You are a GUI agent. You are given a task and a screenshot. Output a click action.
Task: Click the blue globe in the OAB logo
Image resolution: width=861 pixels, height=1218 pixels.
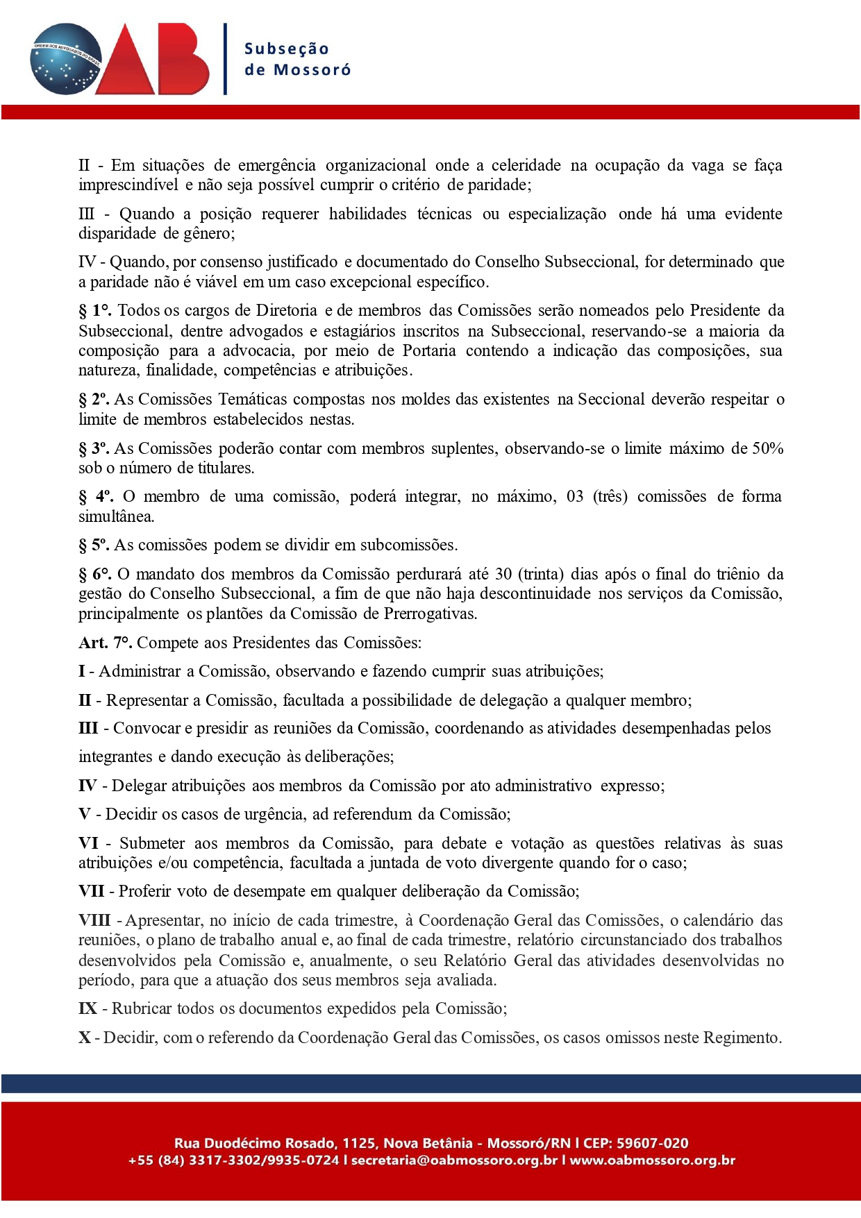(x=66, y=59)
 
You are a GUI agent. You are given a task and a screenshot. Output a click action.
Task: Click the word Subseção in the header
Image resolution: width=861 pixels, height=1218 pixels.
(x=287, y=49)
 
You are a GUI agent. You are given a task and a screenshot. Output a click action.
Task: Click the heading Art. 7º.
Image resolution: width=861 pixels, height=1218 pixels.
(x=105, y=643)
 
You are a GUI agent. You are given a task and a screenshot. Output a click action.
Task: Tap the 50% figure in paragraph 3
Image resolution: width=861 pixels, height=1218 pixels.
(x=768, y=448)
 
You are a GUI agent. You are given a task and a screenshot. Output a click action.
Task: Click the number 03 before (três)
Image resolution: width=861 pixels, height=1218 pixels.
(x=575, y=496)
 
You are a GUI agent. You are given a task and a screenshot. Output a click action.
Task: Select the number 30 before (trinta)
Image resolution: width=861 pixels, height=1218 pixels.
(x=503, y=574)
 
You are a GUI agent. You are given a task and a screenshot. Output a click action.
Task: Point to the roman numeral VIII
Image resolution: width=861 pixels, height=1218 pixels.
(x=94, y=920)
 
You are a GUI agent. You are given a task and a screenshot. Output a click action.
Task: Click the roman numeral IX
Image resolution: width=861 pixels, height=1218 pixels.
(x=87, y=1008)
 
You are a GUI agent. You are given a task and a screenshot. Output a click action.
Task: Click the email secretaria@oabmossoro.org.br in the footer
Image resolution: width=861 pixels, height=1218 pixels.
(x=454, y=1160)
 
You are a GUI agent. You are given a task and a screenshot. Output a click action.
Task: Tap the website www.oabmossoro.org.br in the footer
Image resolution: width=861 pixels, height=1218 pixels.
(x=652, y=1160)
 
